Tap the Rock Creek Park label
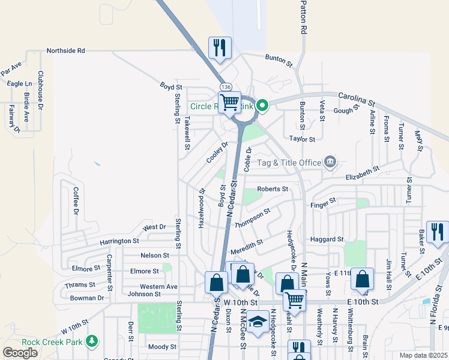tap(51, 342)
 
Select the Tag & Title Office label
tap(289, 162)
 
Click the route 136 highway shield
tap(226, 87)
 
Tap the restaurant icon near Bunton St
tap(220, 47)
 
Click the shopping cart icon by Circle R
tap(229, 102)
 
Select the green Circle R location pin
tap(262, 106)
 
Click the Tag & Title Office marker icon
tap(330, 161)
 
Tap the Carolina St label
tap(356, 96)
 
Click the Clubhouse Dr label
tap(40, 91)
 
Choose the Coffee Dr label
tap(76, 201)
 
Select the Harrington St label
tap(119, 241)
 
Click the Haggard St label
tap(327, 239)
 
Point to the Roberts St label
tap(273, 189)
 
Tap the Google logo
tap(20, 353)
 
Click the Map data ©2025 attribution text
tap(423, 355)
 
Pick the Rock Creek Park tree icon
tap(91, 341)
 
